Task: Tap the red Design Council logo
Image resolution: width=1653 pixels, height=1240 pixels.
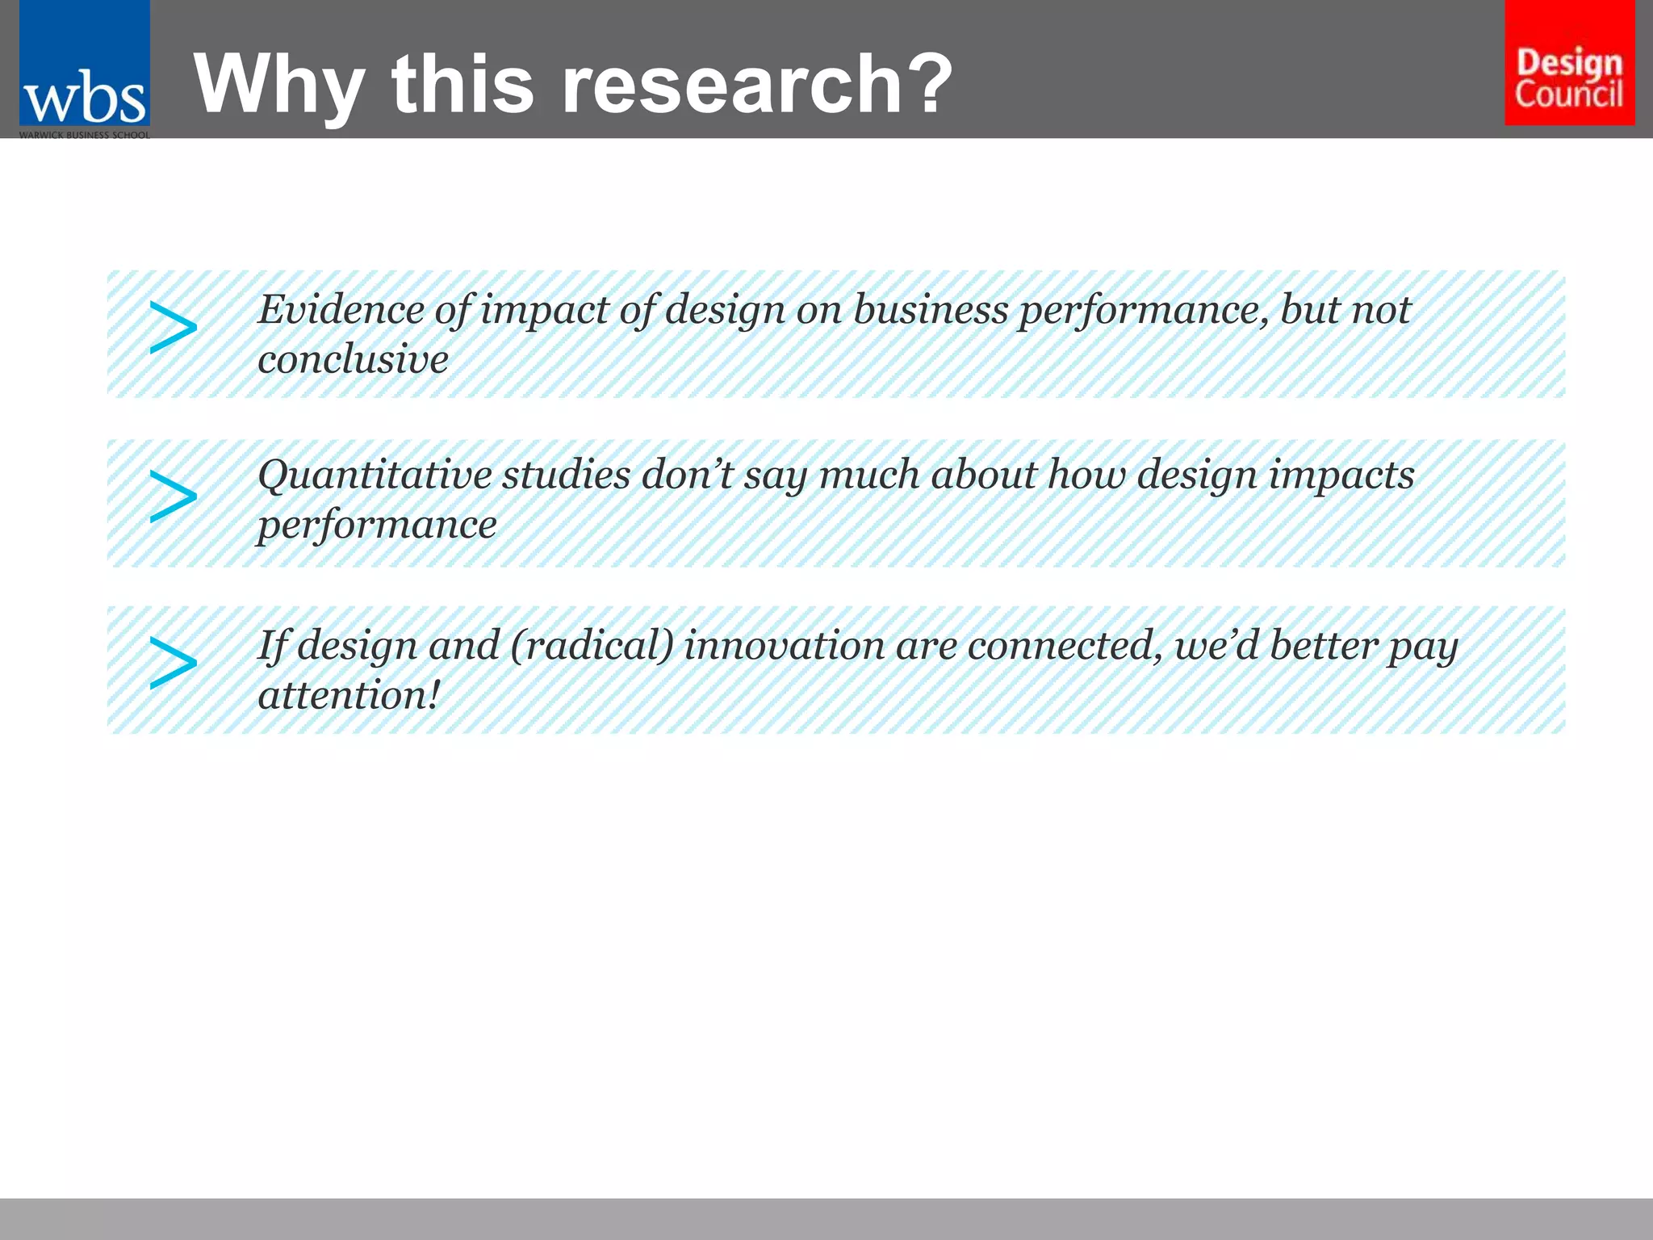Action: click(1569, 63)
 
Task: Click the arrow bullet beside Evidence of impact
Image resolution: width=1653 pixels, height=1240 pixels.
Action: click(173, 329)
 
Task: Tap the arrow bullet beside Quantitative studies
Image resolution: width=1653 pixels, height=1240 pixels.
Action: click(173, 496)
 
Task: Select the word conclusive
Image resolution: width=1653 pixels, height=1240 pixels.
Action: click(353, 360)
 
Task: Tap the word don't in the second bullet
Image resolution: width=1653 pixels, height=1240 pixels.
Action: click(687, 475)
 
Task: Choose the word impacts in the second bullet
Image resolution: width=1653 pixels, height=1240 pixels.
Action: click(1341, 475)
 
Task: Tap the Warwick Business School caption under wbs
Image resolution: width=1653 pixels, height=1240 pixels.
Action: click(84, 135)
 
